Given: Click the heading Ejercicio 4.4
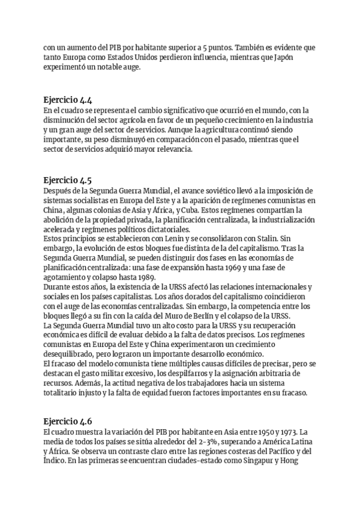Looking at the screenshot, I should coord(68,100).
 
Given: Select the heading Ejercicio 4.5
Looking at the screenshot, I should coord(68,179).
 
